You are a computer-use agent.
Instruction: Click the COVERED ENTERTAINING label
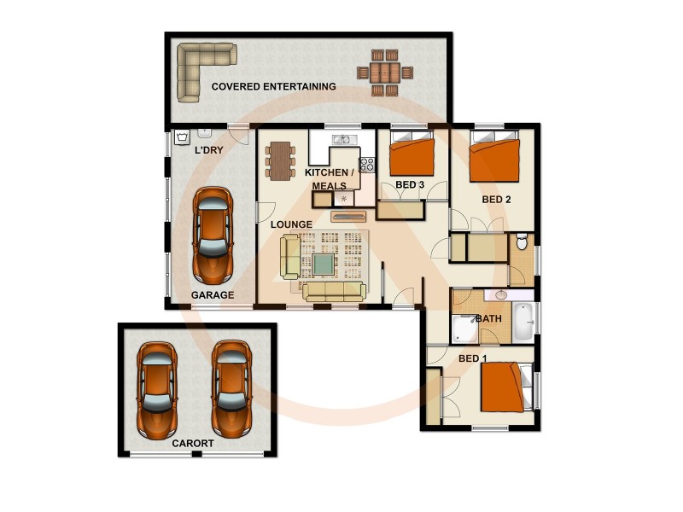point(273,86)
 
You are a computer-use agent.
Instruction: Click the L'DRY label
point(208,151)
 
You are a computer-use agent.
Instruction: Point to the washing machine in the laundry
point(183,137)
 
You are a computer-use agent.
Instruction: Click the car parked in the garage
point(213,235)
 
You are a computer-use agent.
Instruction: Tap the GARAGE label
point(213,295)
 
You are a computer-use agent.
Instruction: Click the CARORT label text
point(193,444)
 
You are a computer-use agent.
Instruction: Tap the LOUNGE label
point(291,224)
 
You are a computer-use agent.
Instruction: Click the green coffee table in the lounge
point(324,265)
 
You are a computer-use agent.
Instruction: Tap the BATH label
point(489,319)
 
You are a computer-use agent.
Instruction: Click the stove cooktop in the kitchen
point(367,165)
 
